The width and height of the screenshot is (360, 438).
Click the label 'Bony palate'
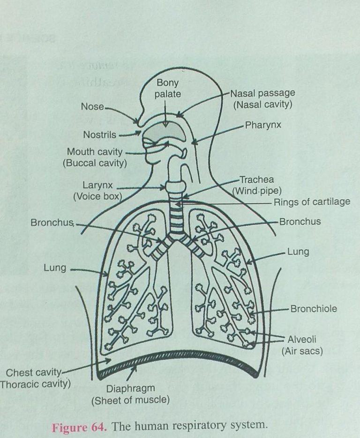(x=168, y=89)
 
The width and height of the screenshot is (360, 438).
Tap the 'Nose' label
(x=92, y=107)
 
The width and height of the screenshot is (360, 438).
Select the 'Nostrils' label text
(x=99, y=135)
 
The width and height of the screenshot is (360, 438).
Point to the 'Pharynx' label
(x=262, y=126)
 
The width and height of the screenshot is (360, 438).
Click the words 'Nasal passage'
(x=262, y=93)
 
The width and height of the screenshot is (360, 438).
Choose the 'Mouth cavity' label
(x=95, y=152)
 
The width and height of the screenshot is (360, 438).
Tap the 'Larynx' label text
(x=97, y=186)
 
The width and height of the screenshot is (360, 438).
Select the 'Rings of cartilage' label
(x=312, y=202)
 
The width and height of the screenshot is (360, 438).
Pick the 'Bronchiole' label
(x=313, y=309)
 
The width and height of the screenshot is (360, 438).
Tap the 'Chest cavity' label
(x=34, y=373)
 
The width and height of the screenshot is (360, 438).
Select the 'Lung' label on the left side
(x=55, y=268)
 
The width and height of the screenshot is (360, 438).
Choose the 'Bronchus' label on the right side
(x=300, y=221)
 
